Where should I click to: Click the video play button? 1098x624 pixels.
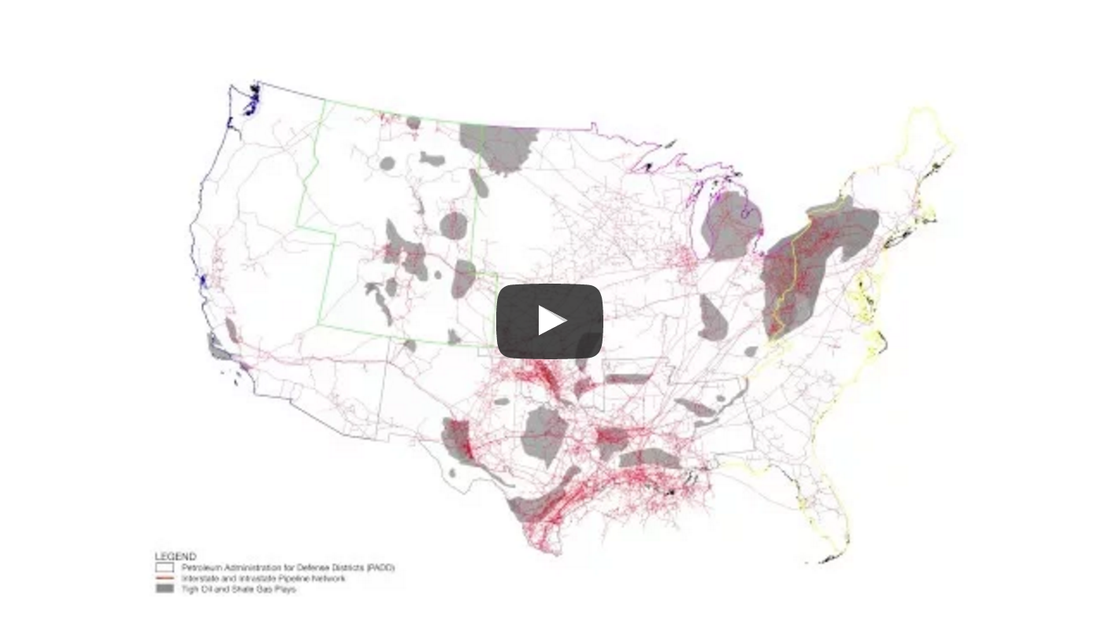(x=549, y=321)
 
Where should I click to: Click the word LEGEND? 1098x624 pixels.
(x=175, y=556)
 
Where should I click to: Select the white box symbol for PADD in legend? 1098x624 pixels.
(x=164, y=567)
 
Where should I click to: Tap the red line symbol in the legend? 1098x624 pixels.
(x=164, y=578)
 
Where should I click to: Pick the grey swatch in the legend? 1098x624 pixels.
(x=164, y=589)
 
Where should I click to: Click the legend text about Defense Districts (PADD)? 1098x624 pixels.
(x=287, y=567)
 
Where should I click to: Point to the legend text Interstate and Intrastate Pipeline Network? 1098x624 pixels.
(x=263, y=578)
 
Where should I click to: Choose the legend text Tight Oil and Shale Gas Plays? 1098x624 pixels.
(x=239, y=589)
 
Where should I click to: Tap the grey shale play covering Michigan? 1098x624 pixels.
(x=733, y=225)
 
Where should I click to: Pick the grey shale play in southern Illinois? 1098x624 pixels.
(x=713, y=319)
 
